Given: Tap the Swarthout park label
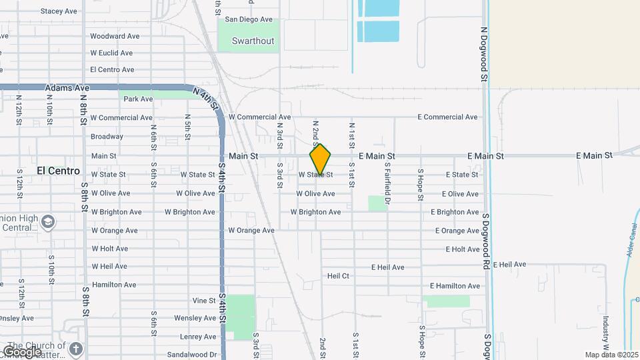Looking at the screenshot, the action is pos(253,41).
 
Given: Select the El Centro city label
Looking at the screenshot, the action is pos(59,171).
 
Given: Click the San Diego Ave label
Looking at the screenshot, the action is pos(249,19).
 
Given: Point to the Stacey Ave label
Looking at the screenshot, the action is pos(59,11).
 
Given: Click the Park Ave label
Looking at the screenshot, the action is pos(138,99).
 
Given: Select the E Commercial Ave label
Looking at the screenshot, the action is pos(447,117).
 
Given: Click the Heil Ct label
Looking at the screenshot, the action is pos(338,275).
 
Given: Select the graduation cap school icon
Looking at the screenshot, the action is pos(47,221).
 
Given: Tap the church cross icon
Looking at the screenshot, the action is pos(77,349).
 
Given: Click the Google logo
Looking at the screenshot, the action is pos(23,351).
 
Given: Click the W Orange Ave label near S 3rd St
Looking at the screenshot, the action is pos(251,231).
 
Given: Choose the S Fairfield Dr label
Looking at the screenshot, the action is pos(387,184).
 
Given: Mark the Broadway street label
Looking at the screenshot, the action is pos(107,136).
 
